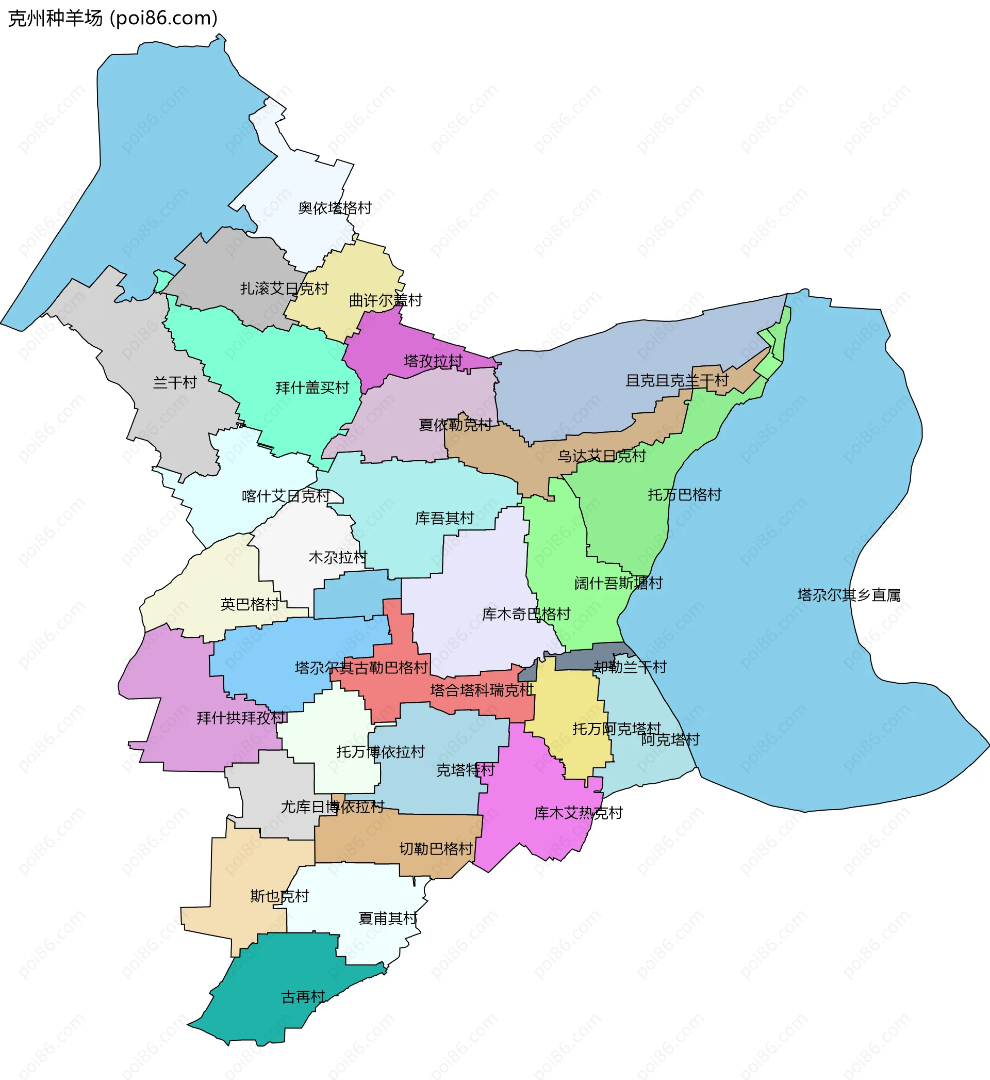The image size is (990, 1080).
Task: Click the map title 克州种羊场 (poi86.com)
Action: (x=112, y=18)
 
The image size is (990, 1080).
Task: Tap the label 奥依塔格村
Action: (x=334, y=208)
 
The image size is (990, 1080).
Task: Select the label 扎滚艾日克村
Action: (x=284, y=289)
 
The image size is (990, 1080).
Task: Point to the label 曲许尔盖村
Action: (x=385, y=301)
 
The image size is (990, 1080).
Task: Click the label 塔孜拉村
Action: (x=433, y=361)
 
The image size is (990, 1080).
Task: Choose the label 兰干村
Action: (x=175, y=383)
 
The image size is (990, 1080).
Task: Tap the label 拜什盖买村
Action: (x=312, y=388)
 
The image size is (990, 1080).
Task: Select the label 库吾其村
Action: (x=444, y=518)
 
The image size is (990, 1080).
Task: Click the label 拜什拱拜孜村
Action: (x=242, y=718)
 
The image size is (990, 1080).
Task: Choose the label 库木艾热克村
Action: (x=578, y=814)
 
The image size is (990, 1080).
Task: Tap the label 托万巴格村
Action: (x=685, y=495)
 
